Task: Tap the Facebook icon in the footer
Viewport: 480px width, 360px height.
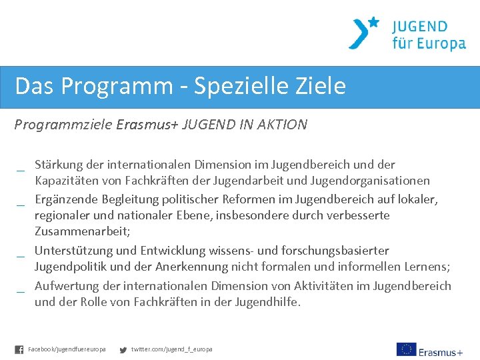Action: tap(19, 349)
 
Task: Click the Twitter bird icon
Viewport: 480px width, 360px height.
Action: tap(123, 349)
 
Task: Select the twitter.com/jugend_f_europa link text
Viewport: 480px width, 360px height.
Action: tap(171, 349)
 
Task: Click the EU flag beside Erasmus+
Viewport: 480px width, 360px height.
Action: tap(406, 349)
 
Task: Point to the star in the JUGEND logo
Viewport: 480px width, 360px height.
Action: tap(373, 22)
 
